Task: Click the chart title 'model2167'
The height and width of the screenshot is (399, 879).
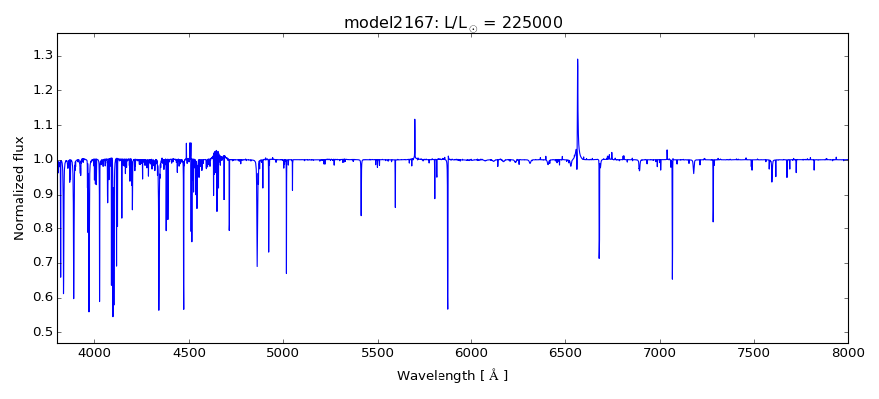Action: pyautogui.click(x=385, y=22)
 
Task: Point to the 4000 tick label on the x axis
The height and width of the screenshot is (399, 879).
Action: pyautogui.click(x=95, y=353)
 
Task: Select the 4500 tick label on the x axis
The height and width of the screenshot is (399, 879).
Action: pyautogui.click(x=189, y=353)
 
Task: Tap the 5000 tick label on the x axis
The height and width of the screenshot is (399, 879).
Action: pyautogui.click(x=283, y=353)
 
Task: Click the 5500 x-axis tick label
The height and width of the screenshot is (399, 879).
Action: pyautogui.click(x=377, y=353)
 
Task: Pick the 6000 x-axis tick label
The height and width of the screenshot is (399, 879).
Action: pyautogui.click(x=471, y=353)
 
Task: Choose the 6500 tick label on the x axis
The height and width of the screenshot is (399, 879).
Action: pyautogui.click(x=565, y=353)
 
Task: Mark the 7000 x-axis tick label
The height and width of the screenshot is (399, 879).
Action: pyautogui.click(x=660, y=353)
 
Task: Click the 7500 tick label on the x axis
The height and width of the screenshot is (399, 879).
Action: pyautogui.click(x=754, y=353)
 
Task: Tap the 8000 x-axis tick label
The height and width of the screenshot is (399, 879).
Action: pyautogui.click(x=848, y=353)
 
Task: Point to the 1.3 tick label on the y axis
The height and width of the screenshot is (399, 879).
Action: pyautogui.click(x=42, y=55)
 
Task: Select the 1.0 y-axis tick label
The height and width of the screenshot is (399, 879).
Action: pyautogui.click(x=42, y=159)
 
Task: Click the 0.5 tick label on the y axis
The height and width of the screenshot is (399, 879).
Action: pyautogui.click(x=42, y=332)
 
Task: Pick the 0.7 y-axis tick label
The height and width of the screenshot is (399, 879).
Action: pyautogui.click(x=42, y=262)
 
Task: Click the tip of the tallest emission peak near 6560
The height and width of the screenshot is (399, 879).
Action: pyautogui.click(x=577, y=59)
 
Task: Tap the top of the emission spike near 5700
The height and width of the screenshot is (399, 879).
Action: pyautogui.click(x=415, y=119)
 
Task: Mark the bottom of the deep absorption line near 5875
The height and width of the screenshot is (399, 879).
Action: pyautogui.click(x=447, y=309)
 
